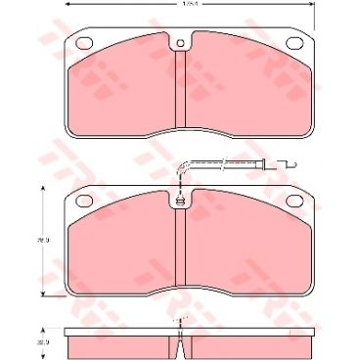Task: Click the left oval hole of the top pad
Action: [x=81, y=43]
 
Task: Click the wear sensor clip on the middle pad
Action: [x=181, y=202]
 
